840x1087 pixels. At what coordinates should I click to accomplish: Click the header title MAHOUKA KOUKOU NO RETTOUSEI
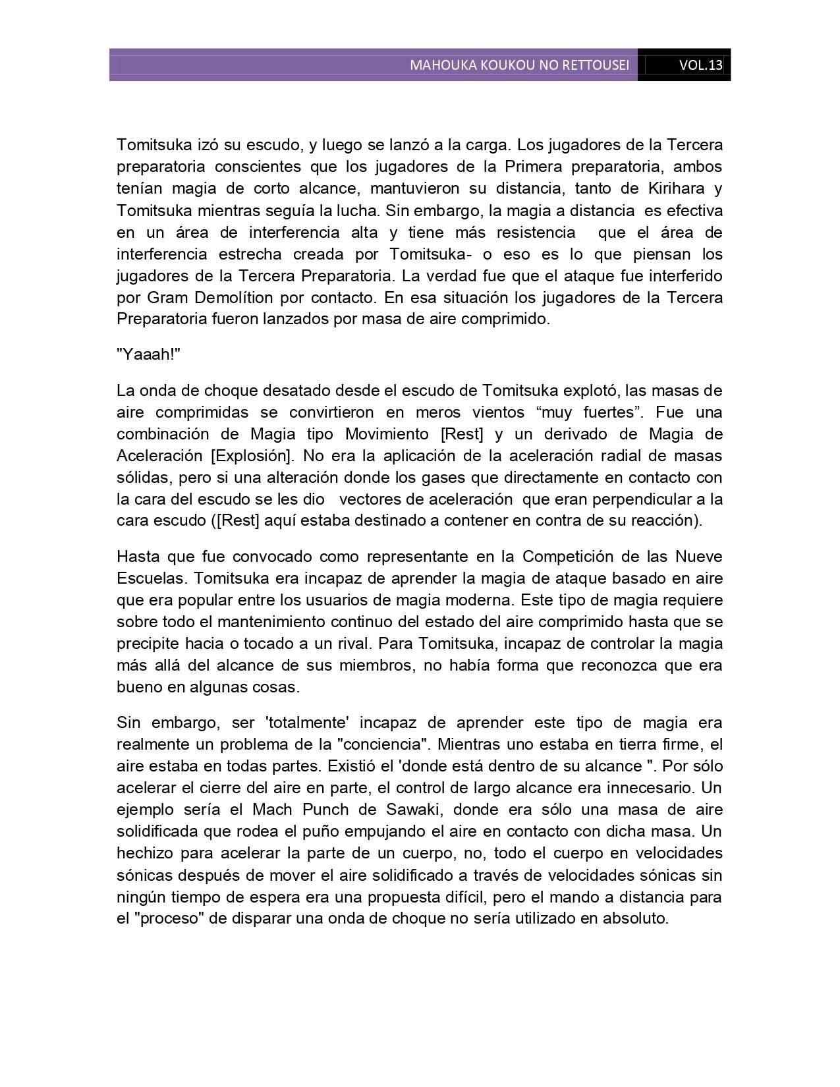(x=519, y=65)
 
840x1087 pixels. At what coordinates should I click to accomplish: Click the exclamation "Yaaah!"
(x=148, y=354)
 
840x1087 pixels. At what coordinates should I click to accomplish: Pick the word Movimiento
(x=388, y=434)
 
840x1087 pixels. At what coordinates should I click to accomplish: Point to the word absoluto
(x=636, y=918)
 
